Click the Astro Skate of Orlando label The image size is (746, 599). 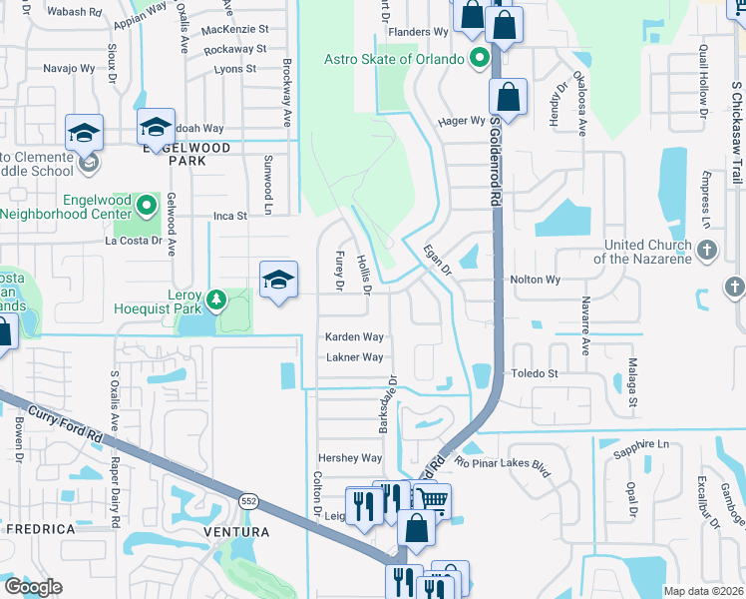pos(394,59)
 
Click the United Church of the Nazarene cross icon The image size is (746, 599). pos(707,250)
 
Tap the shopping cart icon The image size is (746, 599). pos(431,501)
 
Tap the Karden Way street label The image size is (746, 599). pos(354,337)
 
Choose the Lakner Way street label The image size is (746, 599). pos(354,357)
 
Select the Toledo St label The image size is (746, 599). pos(535,373)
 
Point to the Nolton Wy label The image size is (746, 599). pos(535,281)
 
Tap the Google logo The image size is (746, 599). pos(33,587)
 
